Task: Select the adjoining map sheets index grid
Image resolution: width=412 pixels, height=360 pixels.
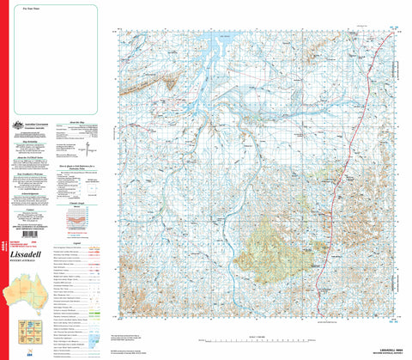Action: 26,328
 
